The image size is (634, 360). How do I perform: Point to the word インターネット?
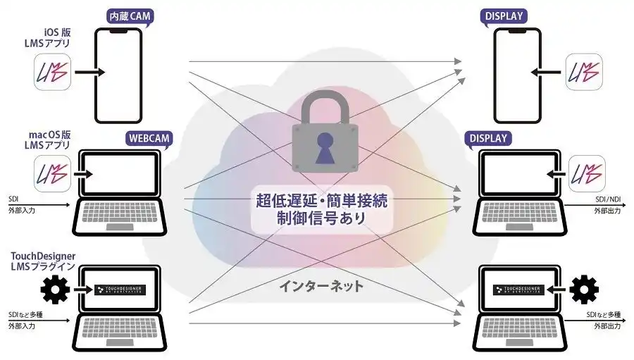click(x=321, y=286)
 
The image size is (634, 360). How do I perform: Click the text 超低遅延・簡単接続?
click(x=321, y=200)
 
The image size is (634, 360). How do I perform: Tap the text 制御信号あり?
click(x=321, y=218)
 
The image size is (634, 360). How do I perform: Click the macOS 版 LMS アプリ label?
click(x=48, y=139)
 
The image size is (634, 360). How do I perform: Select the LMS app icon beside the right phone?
click(x=585, y=73)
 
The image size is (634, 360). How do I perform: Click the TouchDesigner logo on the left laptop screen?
click(x=119, y=290)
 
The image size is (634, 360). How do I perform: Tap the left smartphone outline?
click(x=118, y=75)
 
